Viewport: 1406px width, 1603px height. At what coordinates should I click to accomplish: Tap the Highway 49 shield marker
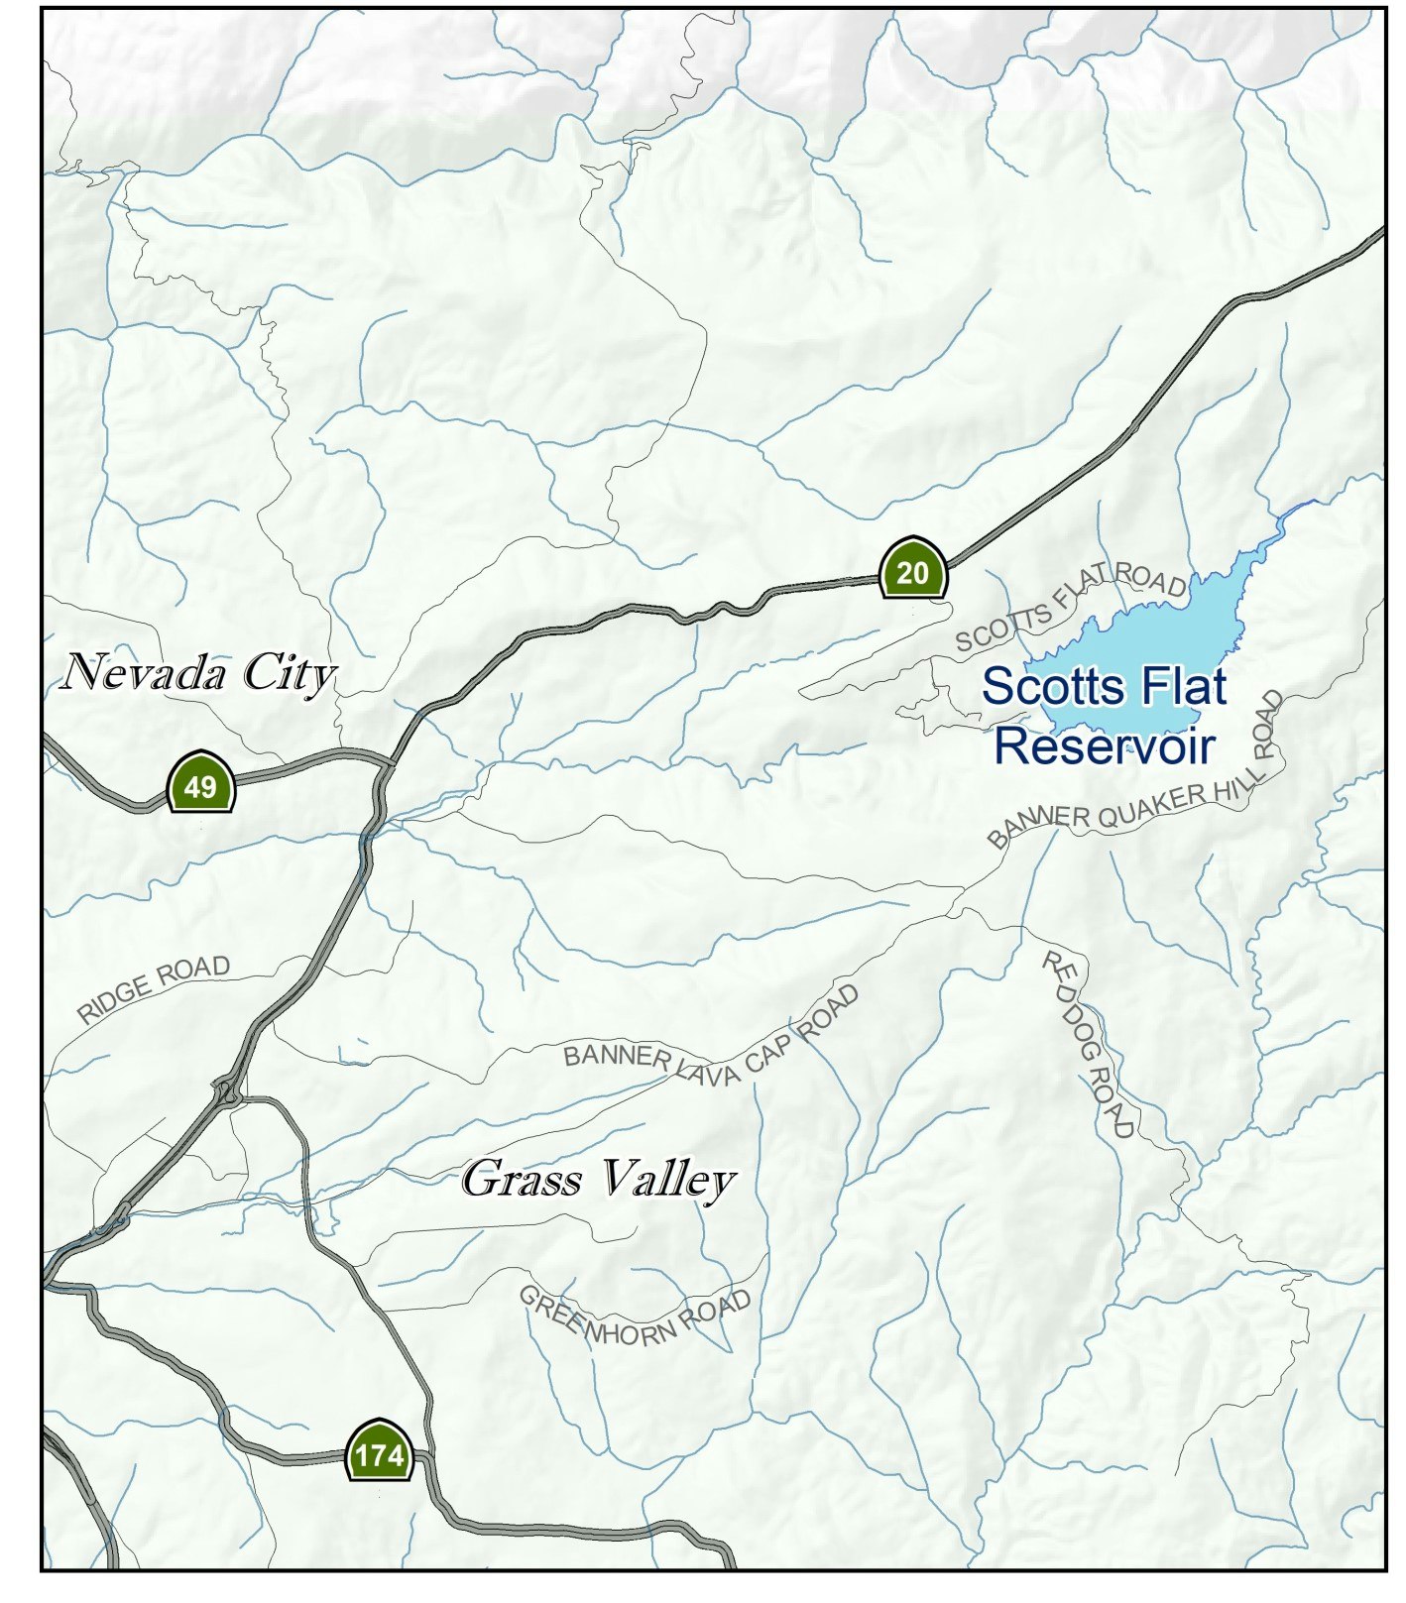200,783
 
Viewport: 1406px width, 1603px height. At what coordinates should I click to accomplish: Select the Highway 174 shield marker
379,1453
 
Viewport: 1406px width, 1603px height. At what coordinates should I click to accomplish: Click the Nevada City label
198,674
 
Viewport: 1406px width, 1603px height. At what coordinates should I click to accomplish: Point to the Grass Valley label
598,1180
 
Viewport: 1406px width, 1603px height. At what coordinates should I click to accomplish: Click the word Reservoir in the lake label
1104,745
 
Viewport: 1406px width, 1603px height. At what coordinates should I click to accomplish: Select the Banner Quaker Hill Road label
1140,788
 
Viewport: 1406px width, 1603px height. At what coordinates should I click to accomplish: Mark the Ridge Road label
154,987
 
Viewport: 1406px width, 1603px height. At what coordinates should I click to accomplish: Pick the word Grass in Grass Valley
522,1180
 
